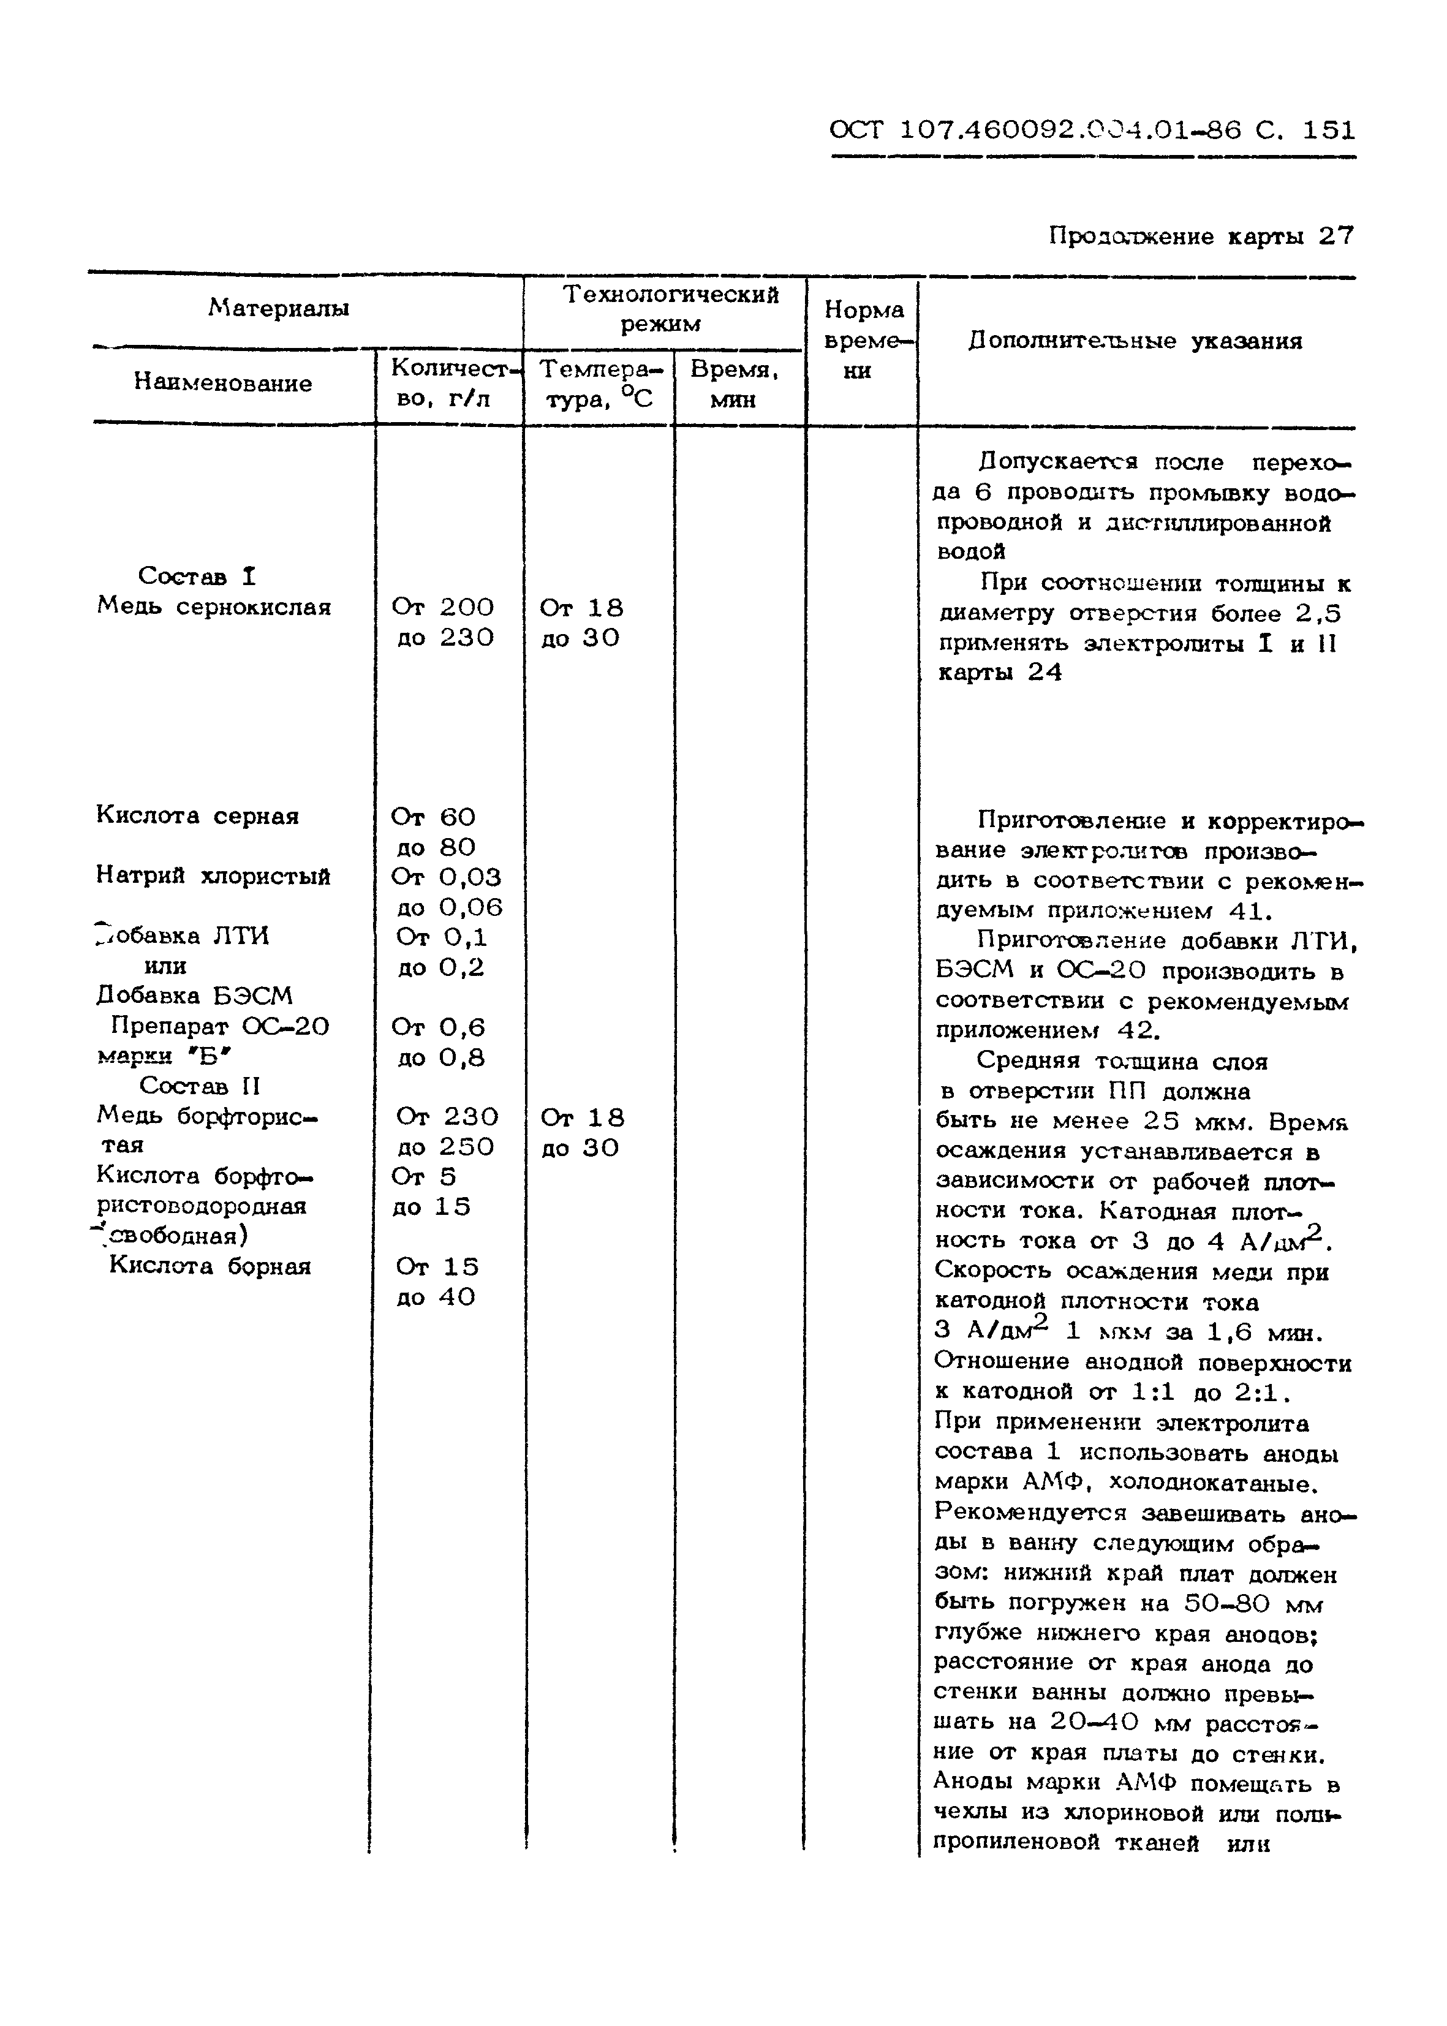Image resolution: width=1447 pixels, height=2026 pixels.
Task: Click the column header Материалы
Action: tap(279, 308)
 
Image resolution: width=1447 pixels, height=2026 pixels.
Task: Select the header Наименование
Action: tap(223, 383)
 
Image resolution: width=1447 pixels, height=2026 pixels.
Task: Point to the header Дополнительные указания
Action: tap(1135, 341)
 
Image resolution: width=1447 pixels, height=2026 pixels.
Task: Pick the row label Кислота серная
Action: tap(198, 815)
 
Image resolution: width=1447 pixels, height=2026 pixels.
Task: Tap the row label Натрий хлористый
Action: tap(213, 876)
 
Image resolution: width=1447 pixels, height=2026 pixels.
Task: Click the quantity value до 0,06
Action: tap(449, 907)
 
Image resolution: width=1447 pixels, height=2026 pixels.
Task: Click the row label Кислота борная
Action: tap(210, 1266)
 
